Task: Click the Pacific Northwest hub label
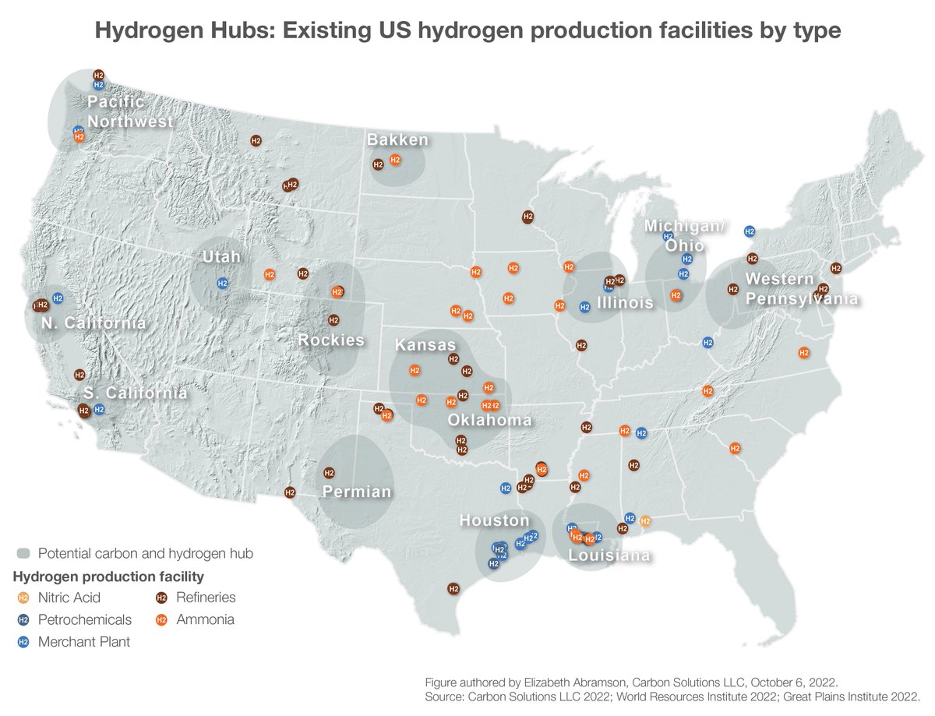(x=129, y=111)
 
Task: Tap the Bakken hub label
(x=397, y=139)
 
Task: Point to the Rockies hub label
(x=331, y=340)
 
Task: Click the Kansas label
(x=425, y=344)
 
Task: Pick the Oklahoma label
(x=489, y=420)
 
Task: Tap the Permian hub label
(x=357, y=492)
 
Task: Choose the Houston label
(x=494, y=520)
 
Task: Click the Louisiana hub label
(x=609, y=556)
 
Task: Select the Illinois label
(x=625, y=302)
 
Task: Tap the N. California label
(x=93, y=323)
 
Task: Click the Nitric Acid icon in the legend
(x=23, y=598)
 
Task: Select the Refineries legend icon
(x=162, y=598)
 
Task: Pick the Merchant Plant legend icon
(x=23, y=642)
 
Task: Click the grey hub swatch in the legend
(x=23, y=553)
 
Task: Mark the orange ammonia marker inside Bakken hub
(x=395, y=160)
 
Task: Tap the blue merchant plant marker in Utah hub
(x=222, y=283)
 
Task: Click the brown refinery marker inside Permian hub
(x=329, y=473)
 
